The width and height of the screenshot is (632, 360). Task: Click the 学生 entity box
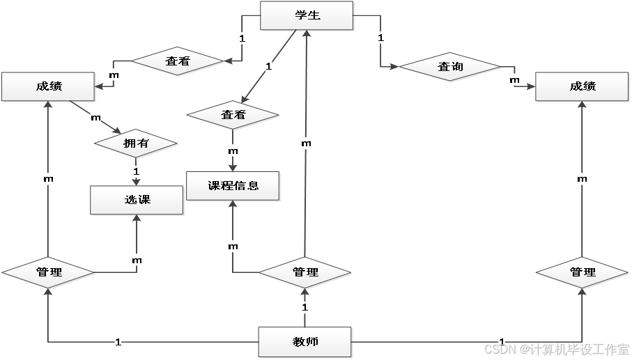tap(307, 15)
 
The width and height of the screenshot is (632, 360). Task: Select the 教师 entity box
tap(305, 342)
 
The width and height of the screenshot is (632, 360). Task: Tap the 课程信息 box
tap(233, 186)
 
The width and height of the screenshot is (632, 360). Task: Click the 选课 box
tap(137, 200)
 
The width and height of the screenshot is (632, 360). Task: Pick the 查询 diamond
tap(450, 67)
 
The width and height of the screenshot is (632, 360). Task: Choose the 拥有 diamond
tap(136, 143)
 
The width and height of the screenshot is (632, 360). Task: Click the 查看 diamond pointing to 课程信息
tap(233, 115)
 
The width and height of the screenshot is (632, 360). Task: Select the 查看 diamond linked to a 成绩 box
tap(178, 61)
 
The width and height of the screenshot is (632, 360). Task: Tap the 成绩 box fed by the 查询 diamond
tap(583, 86)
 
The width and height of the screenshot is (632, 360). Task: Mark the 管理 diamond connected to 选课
tap(49, 272)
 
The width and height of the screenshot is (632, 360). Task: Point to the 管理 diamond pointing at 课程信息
tap(305, 272)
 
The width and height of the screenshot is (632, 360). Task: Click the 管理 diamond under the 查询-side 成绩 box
tap(583, 272)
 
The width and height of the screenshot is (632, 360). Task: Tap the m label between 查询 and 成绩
tap(514, 80)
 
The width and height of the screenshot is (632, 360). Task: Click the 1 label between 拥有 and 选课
tap(136, 170)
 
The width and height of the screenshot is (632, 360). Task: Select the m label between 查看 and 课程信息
tap(233, 150)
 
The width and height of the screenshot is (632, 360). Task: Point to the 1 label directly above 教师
tap(305, 306)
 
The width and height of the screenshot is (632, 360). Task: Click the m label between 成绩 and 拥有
tap(95, 118)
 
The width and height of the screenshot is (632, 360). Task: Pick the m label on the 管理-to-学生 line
tap(305, 143)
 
